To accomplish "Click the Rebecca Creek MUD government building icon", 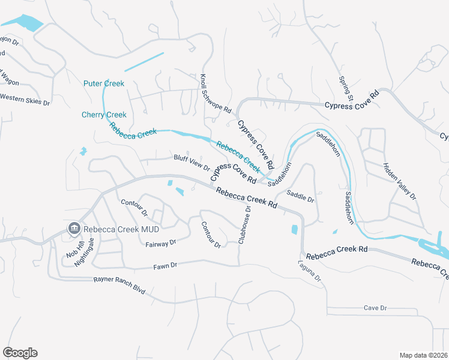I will (74, 228).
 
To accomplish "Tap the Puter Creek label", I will (104, 83).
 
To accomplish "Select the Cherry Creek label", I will (104, 115).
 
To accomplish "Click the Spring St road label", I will (346, 88).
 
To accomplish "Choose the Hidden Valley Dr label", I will (399, 181).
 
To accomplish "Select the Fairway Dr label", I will (160, 243).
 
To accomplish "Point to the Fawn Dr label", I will (165, 265).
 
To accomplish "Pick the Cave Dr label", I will (375, 308).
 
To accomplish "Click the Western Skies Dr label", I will (25, 99).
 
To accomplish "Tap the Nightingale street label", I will (91, 247).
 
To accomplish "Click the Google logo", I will (20, 353).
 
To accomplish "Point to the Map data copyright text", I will (423, 355).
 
